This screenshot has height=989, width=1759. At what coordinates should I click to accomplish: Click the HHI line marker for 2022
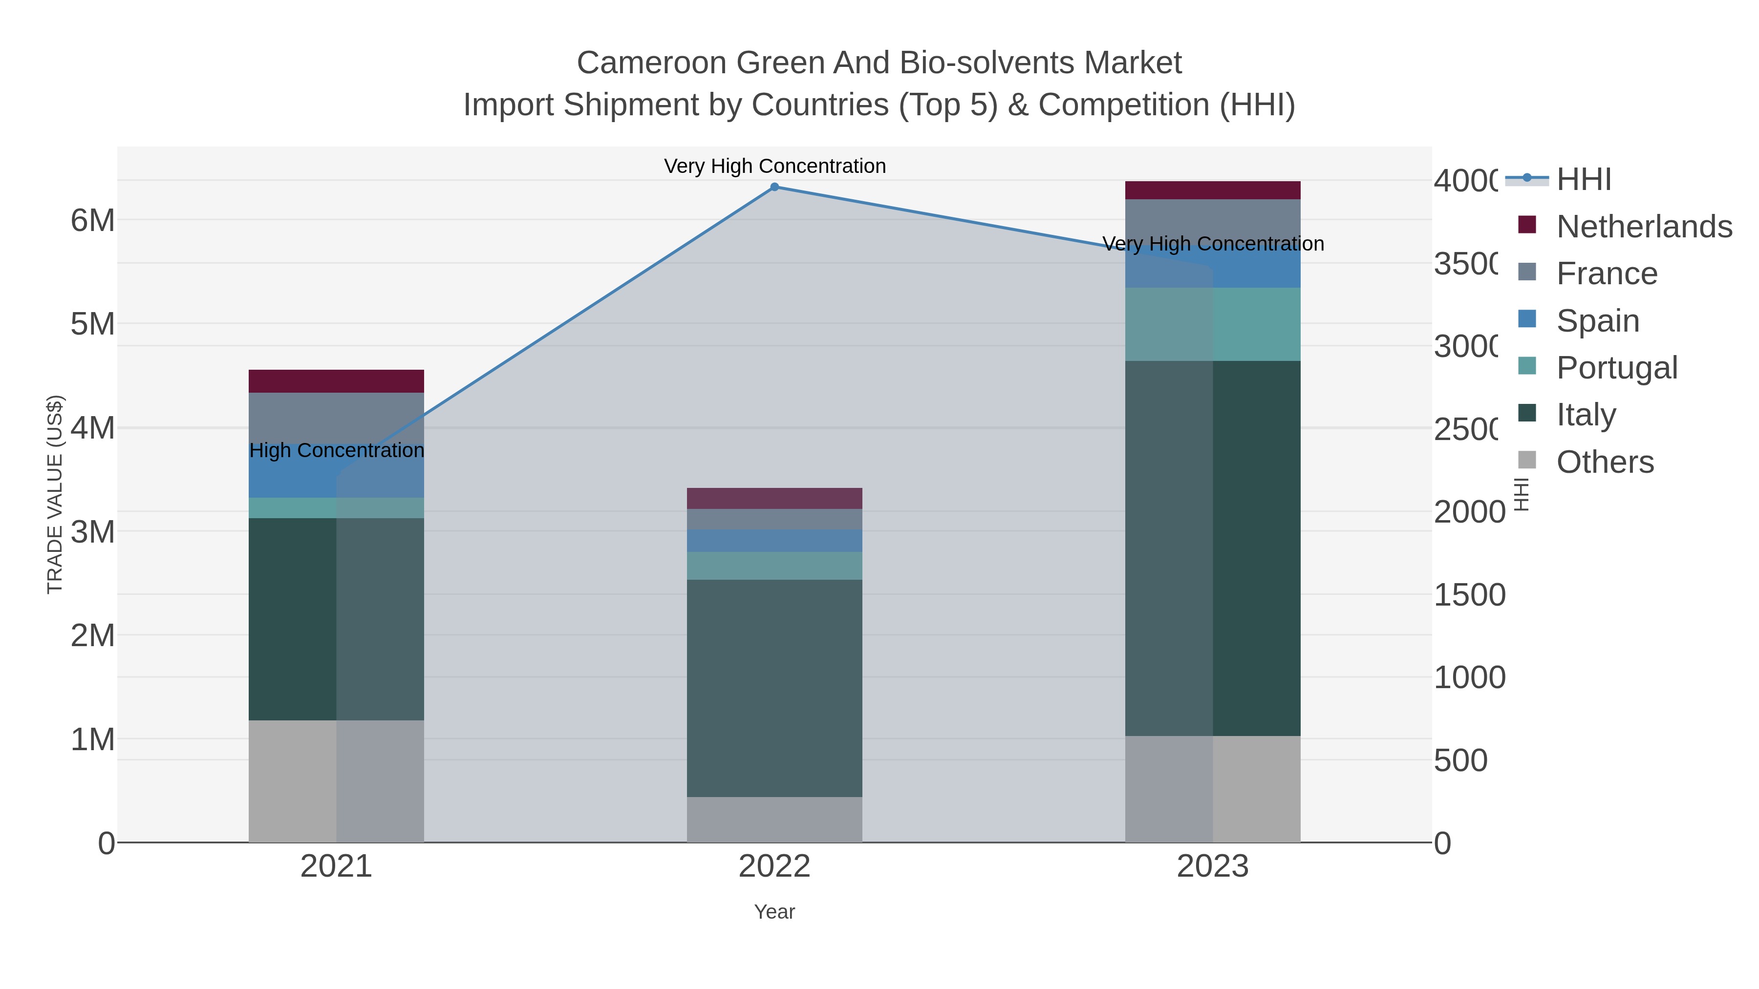point(774,187)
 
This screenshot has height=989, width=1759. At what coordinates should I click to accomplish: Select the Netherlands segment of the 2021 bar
point(336,381)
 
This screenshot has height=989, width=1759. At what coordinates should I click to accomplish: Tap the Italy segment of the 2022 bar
point(774,688)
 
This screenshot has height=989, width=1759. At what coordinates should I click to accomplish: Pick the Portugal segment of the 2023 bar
point(1213,324)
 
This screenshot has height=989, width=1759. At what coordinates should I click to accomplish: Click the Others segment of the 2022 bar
point(774,819)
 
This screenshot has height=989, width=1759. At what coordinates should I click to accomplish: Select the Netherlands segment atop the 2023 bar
point(1213,190)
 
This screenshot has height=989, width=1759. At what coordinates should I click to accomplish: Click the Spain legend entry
point(1597,321)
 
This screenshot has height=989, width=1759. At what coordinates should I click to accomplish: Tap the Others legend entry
point(1605,462)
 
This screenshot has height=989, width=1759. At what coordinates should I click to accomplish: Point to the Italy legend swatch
point(1527,414)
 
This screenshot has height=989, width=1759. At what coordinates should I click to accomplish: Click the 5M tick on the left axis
point(93,324)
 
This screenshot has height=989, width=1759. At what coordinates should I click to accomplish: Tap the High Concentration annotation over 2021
point(337,450)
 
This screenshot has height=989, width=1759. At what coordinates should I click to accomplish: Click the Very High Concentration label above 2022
point(774,166)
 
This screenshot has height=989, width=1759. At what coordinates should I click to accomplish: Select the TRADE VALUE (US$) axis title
point(55,494)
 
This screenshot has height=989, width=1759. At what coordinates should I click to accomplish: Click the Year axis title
point(774,912)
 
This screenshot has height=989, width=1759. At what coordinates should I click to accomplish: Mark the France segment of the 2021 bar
point(336,418)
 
